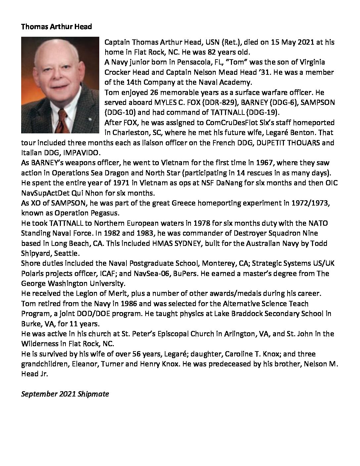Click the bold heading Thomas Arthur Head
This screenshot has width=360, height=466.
56,27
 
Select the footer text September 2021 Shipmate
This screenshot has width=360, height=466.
65,394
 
